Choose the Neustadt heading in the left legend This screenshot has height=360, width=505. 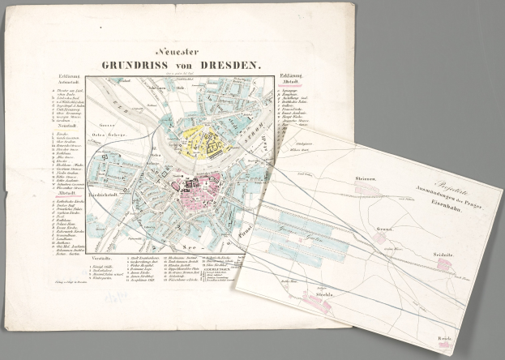point(61,135)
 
